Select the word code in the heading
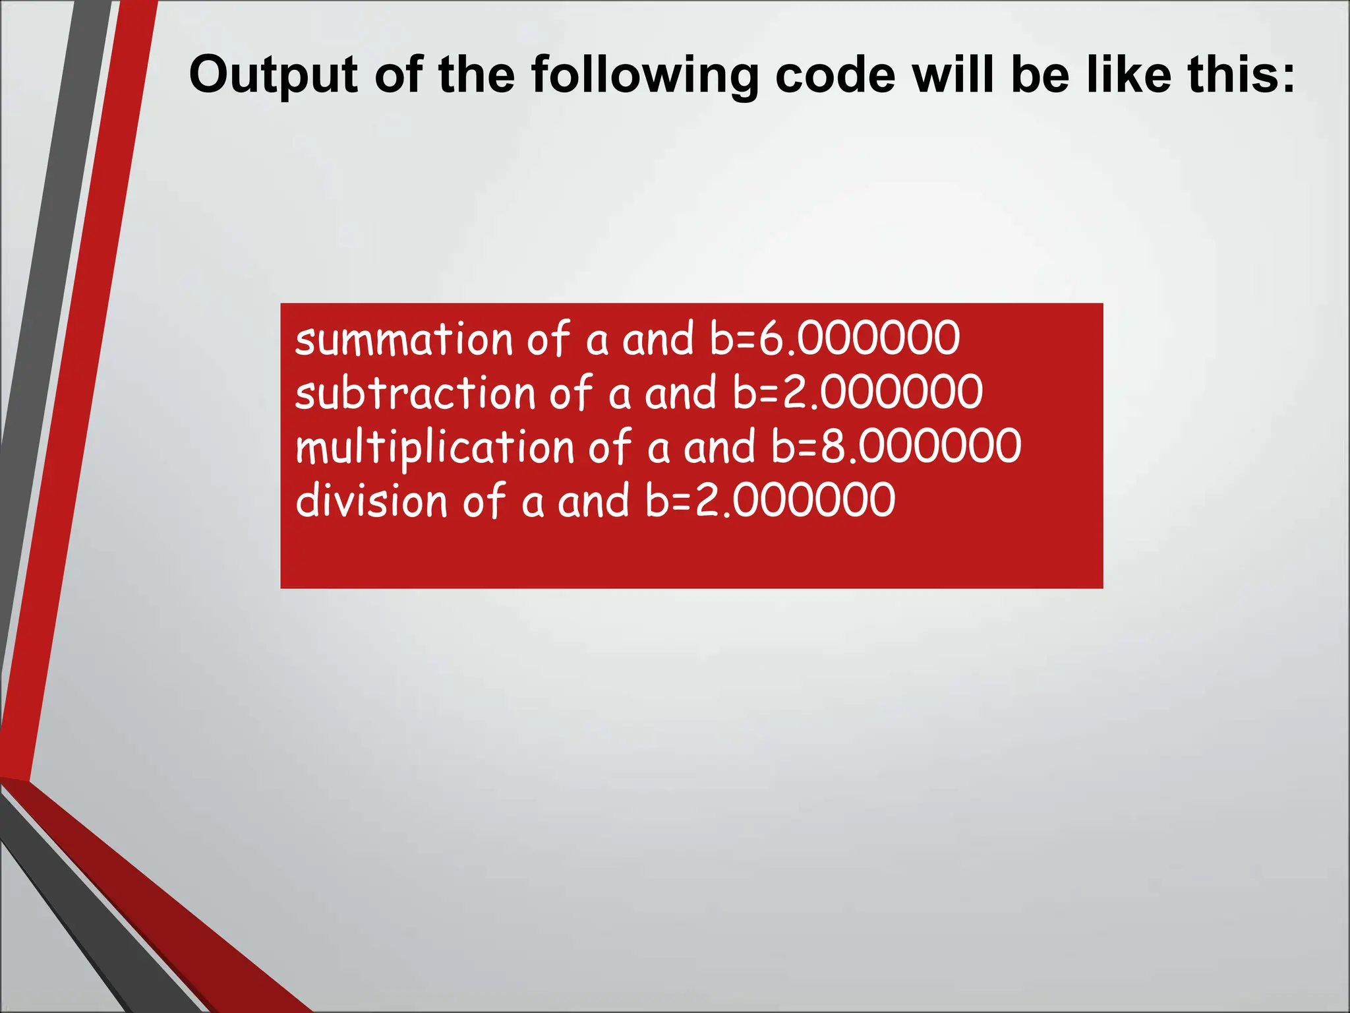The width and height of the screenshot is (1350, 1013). click(835, 75)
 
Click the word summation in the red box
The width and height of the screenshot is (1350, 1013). click(403, 340)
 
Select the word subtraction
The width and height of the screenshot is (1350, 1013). click(415, 393)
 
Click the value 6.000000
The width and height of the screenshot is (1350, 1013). click(859, 338)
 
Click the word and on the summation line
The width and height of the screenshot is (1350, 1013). click(658, 340)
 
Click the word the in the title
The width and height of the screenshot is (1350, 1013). click(476, 75)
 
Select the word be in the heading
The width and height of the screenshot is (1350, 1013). click(1042, 75)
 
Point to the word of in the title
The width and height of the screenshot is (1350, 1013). click(397, 75)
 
